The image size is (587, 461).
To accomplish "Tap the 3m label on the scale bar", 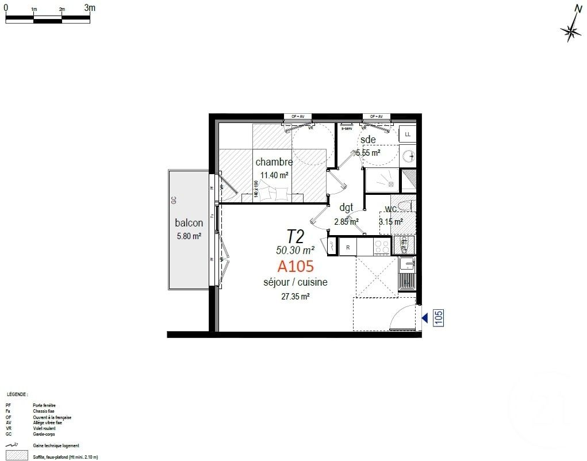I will (x=90, y=8).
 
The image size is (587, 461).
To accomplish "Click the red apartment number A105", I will (x=296, y=266).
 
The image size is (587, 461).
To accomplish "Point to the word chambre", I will (x=274, y=163).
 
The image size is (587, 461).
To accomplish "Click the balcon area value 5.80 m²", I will (x=189, y=236).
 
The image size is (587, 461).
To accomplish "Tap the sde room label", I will (x=368, y=140).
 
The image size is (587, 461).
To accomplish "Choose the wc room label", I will (x=391, y=208).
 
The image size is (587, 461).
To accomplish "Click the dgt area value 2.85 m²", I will (x=347, y=221).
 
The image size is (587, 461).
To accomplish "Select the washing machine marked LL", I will (x=408, y=135).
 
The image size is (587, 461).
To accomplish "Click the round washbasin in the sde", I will (x=409, y=155).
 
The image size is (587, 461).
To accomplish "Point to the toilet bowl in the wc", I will (x=405, y=206).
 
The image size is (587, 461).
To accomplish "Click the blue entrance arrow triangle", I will (x=424, y=318).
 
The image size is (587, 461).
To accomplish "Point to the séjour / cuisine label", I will (x=296, y=282).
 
